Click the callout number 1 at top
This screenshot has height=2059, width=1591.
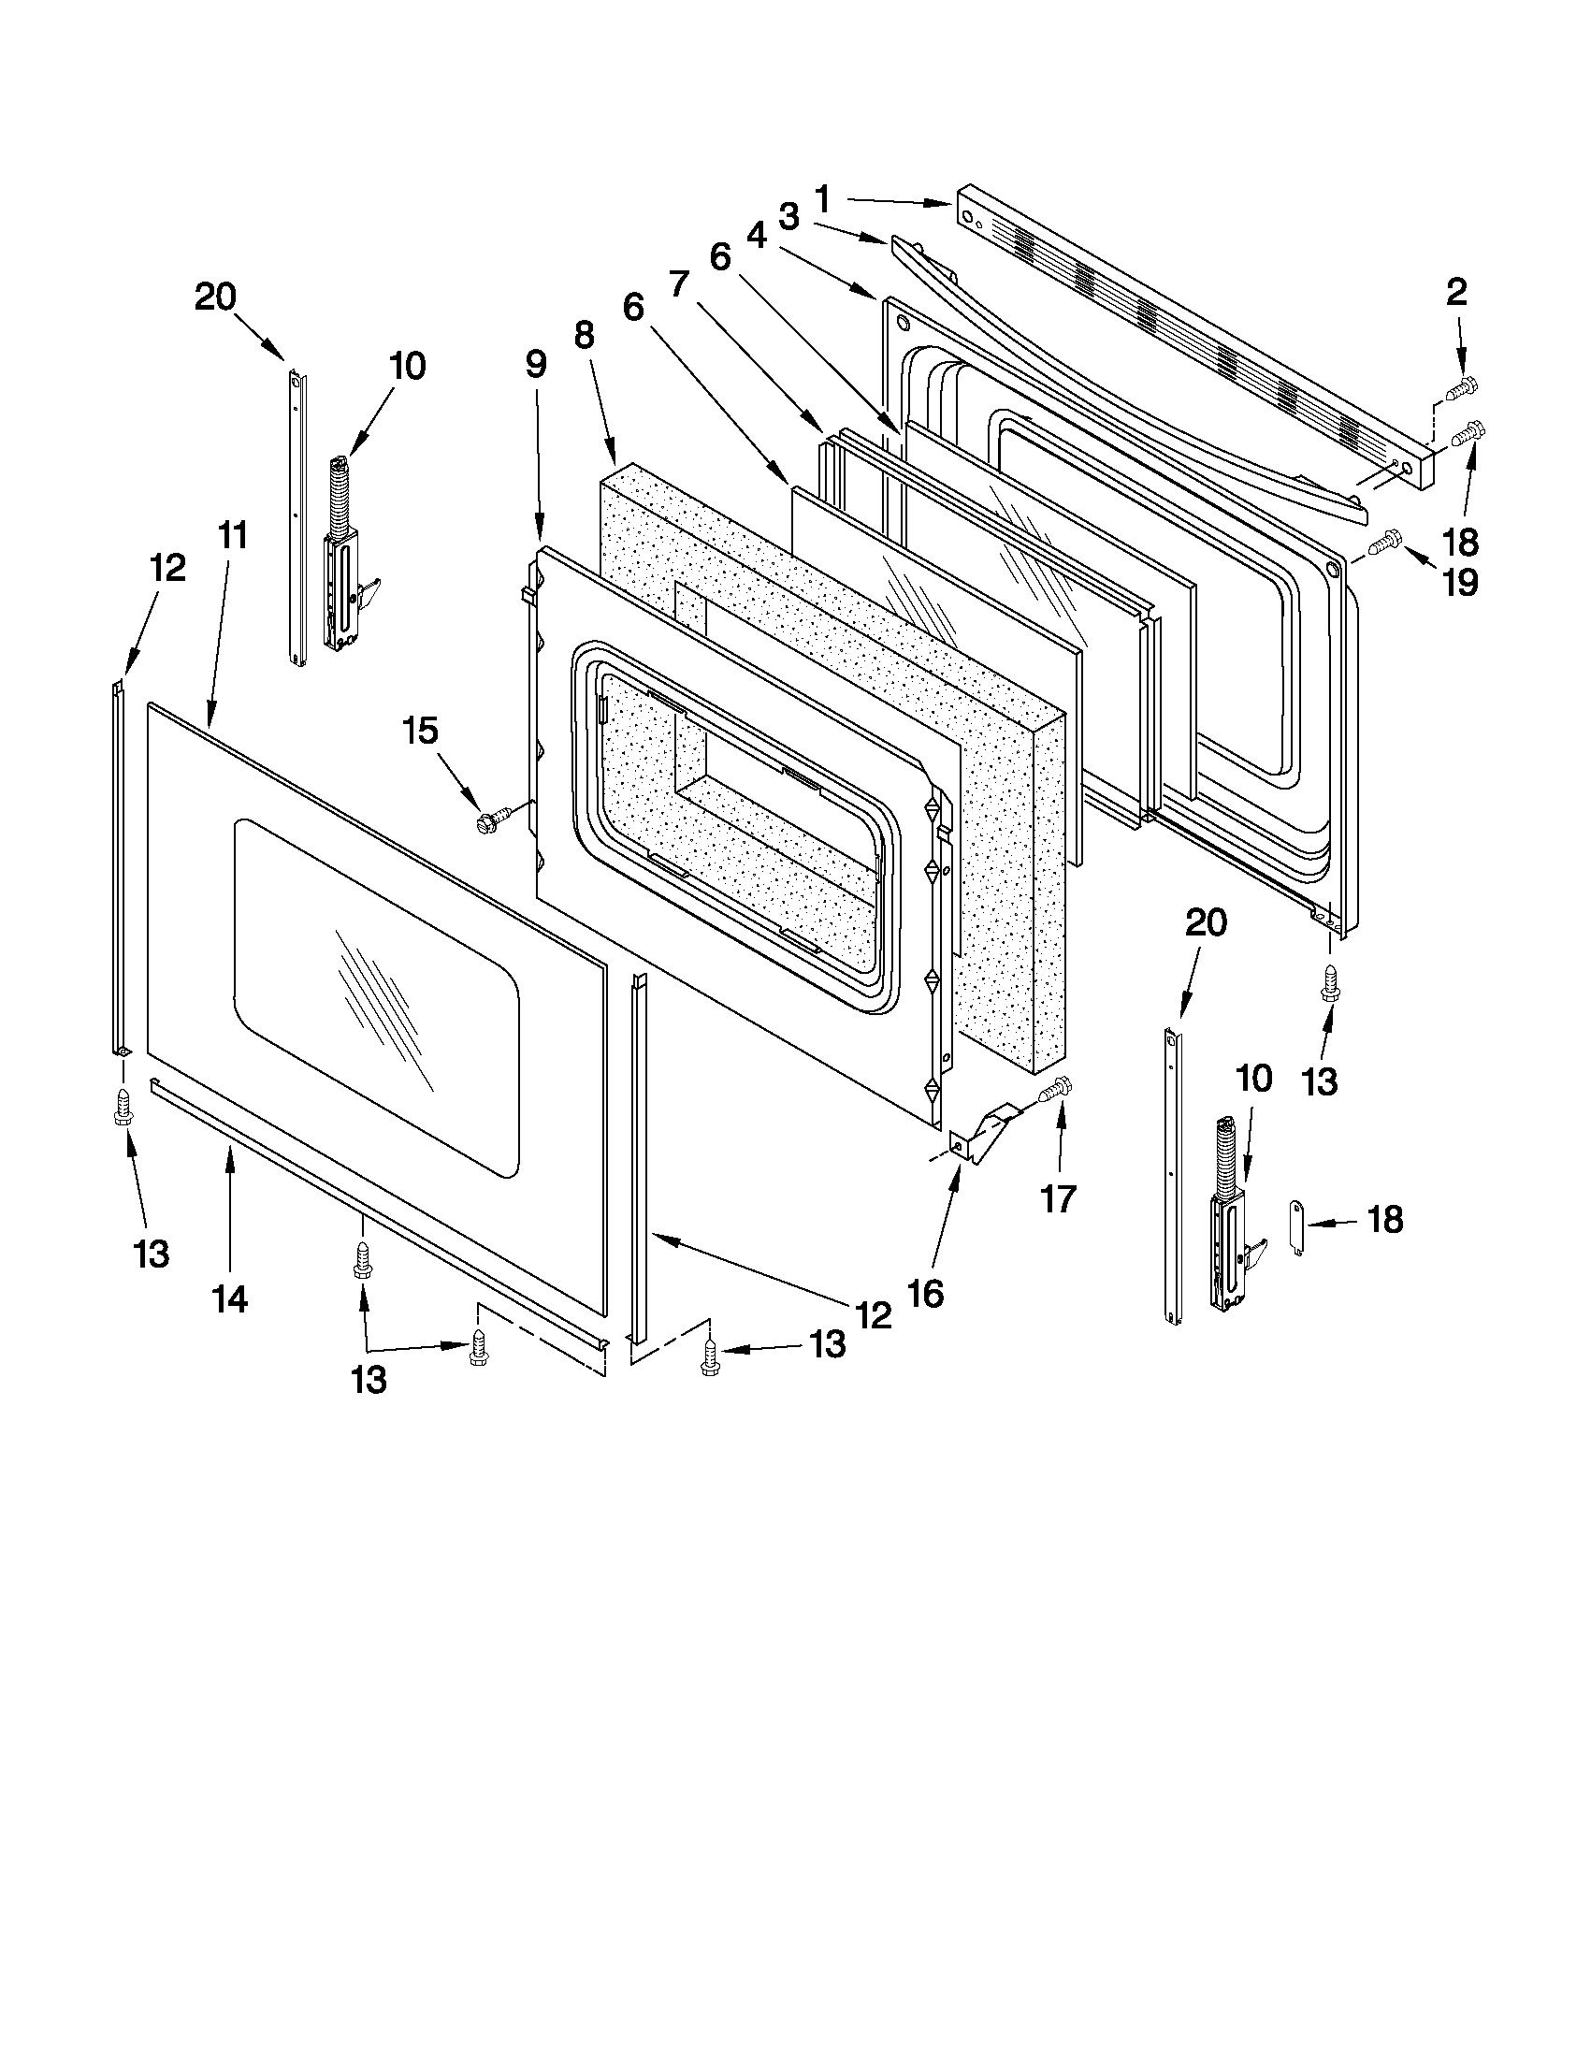coord(822,199)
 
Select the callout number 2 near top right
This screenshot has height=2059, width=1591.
coord(1456,292)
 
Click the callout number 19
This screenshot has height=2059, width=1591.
coord(1460,583)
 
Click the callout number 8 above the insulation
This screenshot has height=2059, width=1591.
coord(585,335)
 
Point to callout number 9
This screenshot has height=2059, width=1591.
coord(535,364)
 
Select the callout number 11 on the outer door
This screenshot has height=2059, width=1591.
coord(232,534)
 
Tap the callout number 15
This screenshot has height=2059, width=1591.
coord(420,730)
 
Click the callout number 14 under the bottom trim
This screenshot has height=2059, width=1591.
coord(230,1299)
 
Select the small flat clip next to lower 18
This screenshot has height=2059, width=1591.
coord(1299,1228)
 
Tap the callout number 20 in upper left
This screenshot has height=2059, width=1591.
coord(215,297)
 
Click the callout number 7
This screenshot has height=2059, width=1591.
coord(680,283)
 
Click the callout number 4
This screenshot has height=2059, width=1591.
coord(756,237)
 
